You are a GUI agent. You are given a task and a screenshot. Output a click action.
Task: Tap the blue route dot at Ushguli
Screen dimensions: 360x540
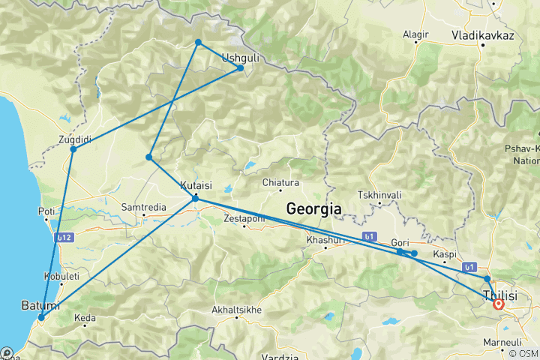point(241,68)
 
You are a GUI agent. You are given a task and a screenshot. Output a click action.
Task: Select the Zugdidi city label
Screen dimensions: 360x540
point(74,139)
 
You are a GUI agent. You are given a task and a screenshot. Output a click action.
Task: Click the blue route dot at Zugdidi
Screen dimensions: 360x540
point(73,149)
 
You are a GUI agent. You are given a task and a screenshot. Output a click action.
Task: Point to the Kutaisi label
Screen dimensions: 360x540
point(196,185)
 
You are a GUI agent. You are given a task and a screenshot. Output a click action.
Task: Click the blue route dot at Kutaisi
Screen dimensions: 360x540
point(195,198)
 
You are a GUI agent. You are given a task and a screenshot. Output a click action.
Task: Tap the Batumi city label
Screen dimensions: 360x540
point(40,306)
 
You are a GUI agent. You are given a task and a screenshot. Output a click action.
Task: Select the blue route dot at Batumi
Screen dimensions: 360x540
point(41,317)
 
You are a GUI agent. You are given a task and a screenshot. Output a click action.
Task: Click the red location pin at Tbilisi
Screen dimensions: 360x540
point(498,304)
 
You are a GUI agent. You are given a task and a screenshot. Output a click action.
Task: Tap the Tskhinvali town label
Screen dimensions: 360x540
point(379,195)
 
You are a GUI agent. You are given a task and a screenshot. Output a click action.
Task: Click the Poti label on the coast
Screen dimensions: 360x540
point(46,211)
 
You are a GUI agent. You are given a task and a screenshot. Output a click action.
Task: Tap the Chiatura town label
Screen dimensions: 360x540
point(280,182)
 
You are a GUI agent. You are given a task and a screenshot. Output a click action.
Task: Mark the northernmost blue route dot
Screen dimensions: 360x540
point(198,43)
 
